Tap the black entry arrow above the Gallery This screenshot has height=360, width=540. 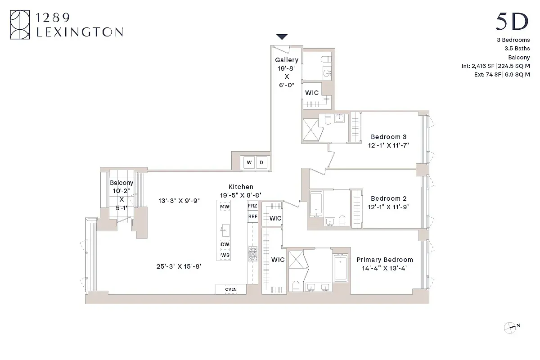coord(282,37)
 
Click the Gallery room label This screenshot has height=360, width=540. coord(287,60)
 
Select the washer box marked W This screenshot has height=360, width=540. coord(249,162)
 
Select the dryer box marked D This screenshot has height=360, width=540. coord(261,162)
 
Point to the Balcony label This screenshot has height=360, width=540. coord(121,183)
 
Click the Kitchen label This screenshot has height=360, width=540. coord(241,187)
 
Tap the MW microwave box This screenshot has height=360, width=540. coord(225,207)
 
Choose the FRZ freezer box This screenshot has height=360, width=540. coord(252,206)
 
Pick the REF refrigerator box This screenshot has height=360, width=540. coord(252,217)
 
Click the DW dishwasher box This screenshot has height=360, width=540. coord(225,244)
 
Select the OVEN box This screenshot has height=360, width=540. coord(231,289)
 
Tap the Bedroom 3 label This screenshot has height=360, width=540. coord(388,137)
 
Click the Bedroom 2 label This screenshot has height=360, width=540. coord(388,198)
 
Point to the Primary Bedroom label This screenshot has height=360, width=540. coord(385,260)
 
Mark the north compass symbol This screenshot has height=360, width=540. coord(510,327)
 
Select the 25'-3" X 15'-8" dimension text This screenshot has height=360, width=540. coord(179,266)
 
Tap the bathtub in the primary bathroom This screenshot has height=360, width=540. coord(340,268)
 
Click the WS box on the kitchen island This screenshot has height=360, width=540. coord(225,255)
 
